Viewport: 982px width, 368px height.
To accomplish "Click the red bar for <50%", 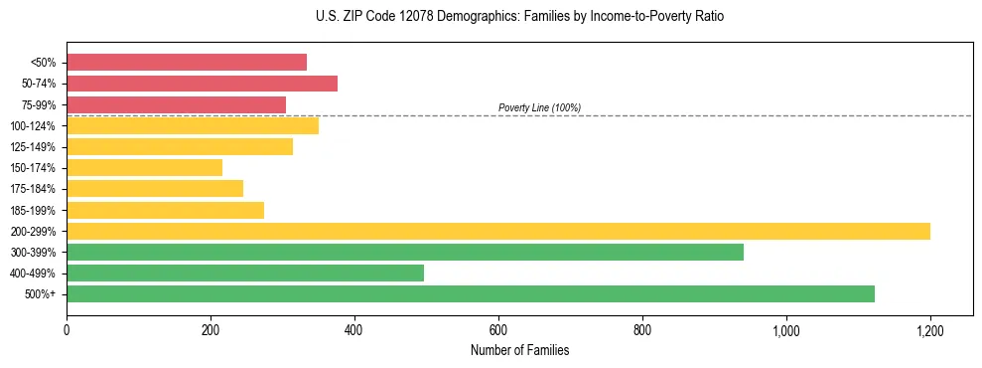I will click(187, 63).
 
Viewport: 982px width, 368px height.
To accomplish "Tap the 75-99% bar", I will click(176, 104).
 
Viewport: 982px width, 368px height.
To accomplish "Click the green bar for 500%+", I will click(471, 293).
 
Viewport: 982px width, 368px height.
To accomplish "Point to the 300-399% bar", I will click(405, 252).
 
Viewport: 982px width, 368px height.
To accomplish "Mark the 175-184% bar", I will click(155, 189).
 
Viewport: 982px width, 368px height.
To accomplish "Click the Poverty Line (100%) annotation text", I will click(539, 107).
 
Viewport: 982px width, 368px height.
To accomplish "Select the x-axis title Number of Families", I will click(519, 350).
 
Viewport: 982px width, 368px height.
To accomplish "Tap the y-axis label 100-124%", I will click(34, 126).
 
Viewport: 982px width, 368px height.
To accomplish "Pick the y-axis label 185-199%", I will click(34, 210).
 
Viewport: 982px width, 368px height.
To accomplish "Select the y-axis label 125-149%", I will click(34, 147).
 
